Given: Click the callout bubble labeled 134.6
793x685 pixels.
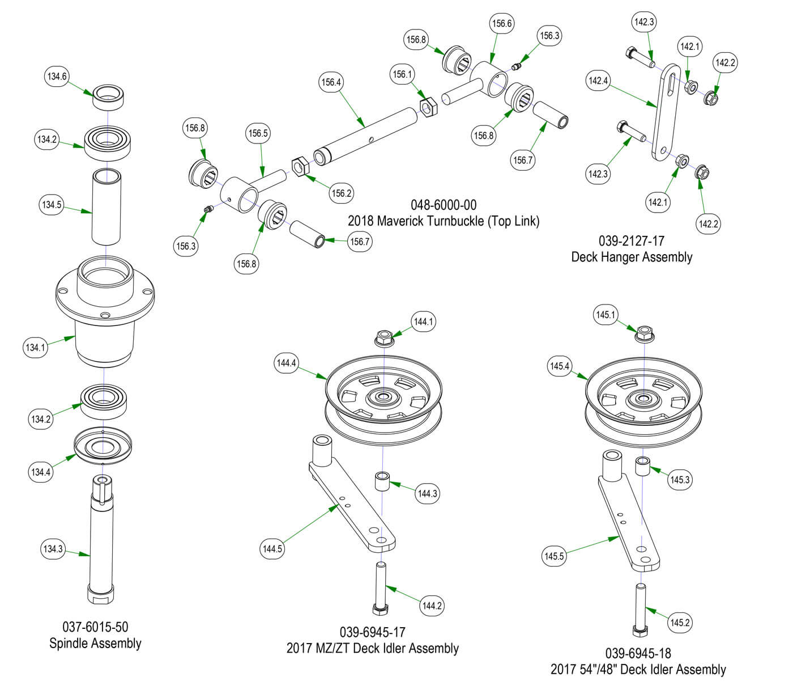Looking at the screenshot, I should pos(57,76).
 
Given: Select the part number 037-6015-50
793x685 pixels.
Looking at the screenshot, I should pos(95,627).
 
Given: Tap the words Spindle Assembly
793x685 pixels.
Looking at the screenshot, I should pos(95,643).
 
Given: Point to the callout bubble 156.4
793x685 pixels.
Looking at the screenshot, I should pos(331,82).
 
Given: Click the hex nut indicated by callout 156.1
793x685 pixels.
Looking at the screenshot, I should pos(428,106).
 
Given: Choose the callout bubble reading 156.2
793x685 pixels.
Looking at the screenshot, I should pos(342,193).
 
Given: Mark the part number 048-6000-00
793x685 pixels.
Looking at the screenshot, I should pos(444,205).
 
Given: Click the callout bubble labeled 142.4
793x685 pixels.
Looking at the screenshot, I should pos(598,81).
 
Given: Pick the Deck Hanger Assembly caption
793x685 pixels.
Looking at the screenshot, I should pos(632,257).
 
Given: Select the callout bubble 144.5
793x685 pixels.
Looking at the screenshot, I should pos(272,548).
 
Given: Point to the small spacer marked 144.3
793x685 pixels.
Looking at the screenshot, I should pos(381,482).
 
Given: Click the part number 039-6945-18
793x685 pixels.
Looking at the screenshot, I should pos(638,653).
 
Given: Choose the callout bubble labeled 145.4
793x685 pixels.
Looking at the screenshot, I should pos(560,366).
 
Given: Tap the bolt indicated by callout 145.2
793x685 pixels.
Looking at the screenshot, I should pos(639,610).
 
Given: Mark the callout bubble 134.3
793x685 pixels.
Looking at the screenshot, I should pos(53,549).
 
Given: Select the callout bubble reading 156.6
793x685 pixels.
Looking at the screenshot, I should pos(502,23).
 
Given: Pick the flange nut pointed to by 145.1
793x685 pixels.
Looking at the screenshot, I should pos(644,333).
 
